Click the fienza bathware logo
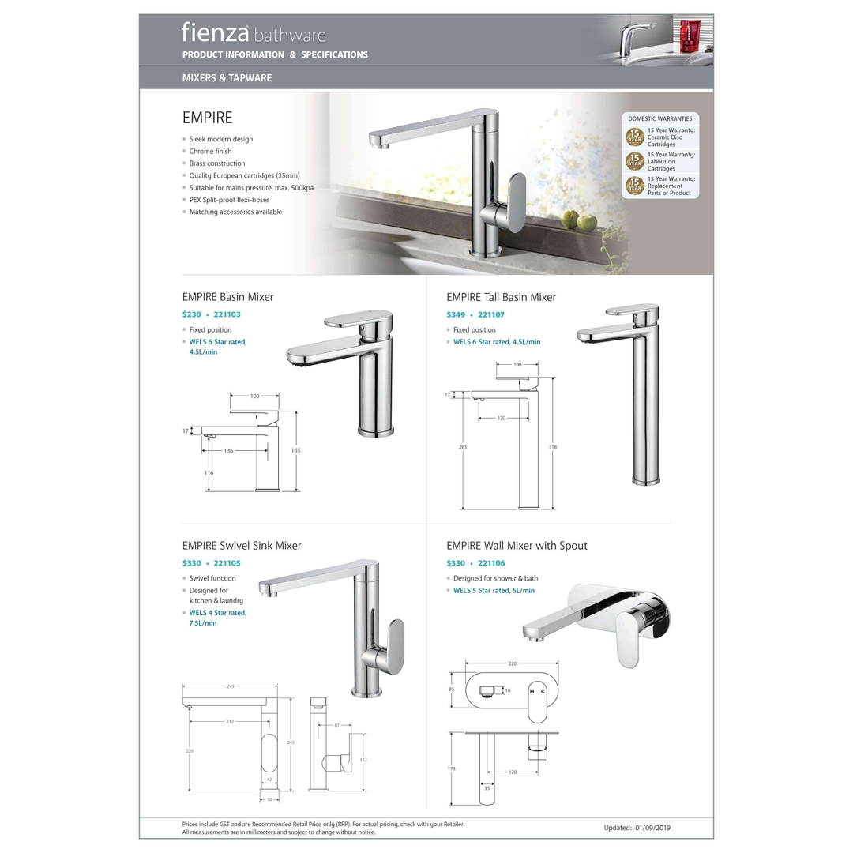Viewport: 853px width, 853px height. coord(253,34)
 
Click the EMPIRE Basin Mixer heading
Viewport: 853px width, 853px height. coord(227,297)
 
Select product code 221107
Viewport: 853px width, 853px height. coord(491,314)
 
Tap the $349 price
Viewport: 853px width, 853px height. coord(456,314)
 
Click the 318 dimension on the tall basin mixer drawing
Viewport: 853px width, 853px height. coord(552,447)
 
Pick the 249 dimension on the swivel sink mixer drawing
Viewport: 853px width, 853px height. coord(230,686)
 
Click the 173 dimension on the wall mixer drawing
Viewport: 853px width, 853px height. coord(452,768)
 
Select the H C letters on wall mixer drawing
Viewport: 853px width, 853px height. coord(537,691)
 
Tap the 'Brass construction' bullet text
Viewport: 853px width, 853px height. coord(217,163)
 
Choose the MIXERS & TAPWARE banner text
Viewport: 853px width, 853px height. coord(227,78)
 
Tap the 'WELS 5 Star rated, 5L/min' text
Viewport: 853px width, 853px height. coord(494,590)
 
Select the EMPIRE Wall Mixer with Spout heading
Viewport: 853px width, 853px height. coord(517,546)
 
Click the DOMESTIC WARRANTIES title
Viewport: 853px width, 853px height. coord(659,118)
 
